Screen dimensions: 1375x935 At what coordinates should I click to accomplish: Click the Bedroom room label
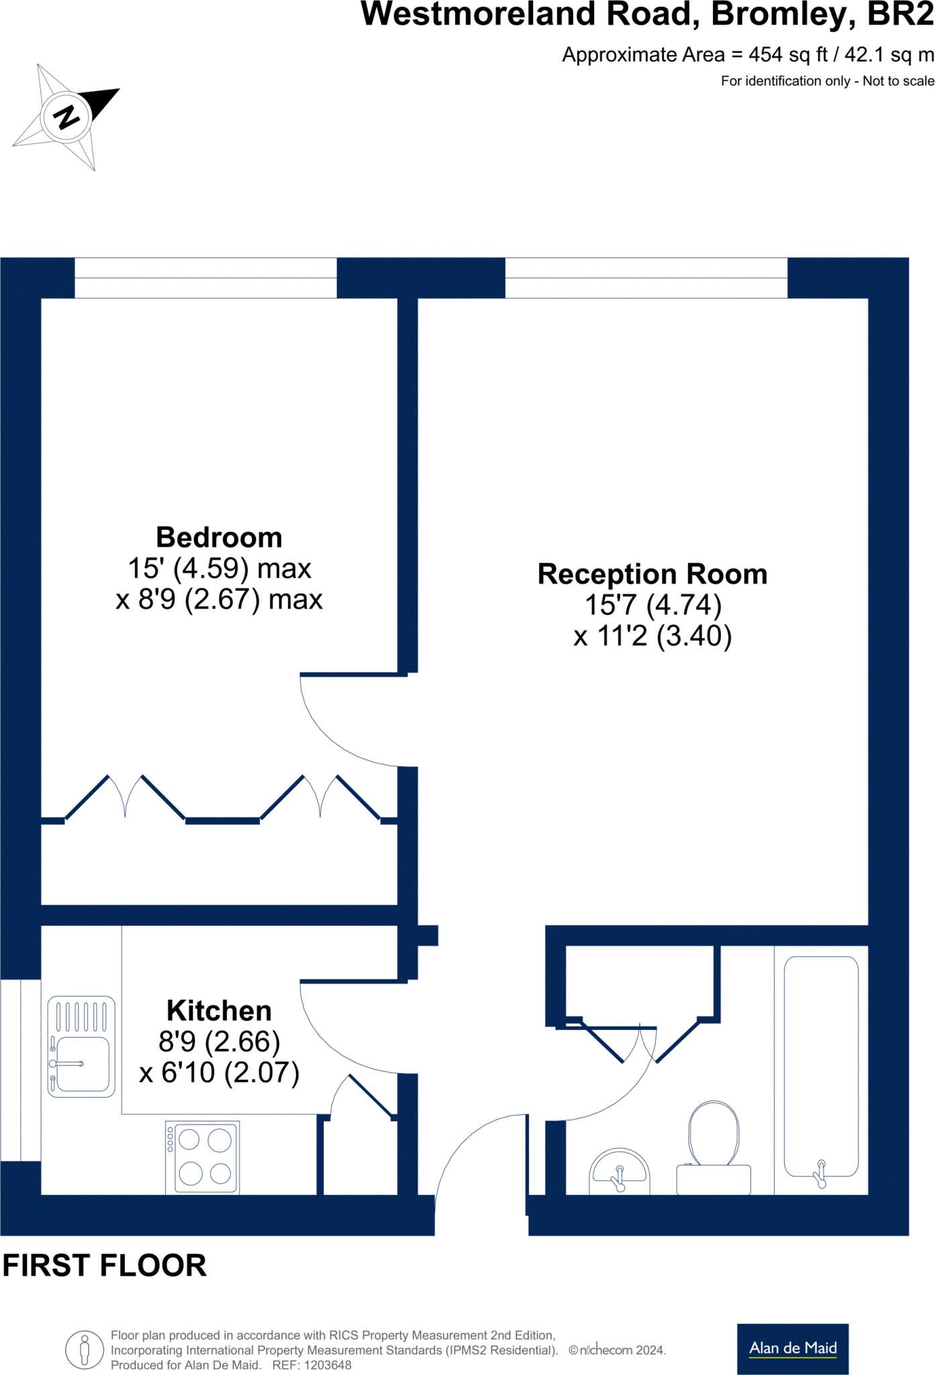[x=219, y=538]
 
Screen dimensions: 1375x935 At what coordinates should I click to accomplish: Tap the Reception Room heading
[x=652, y=574]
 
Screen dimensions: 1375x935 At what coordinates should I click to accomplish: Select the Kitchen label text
[x=219, y=1010]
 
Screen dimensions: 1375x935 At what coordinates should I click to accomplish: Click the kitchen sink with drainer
[x=81, y=1047]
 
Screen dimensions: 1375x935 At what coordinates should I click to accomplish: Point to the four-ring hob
[x=203, y=1157]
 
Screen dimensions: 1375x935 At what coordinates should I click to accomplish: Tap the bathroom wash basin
[x=619, y=1172]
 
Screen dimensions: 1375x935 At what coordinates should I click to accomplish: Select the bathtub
[x=821, y=1067]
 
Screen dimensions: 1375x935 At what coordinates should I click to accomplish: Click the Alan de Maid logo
[x=792, y=1348]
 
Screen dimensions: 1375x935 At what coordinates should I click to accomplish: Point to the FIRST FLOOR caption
[x=105, y=1266]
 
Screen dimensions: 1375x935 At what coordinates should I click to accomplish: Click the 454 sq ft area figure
[x=779, y=54]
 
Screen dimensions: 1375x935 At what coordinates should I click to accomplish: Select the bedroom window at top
[x=205, y=277]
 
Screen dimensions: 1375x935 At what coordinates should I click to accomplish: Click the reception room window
[x=646, y=277]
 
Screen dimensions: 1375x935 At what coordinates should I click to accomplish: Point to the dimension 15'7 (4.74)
[x=652, y=605]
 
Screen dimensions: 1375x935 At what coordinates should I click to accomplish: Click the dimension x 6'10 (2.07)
[x=219, y=1072]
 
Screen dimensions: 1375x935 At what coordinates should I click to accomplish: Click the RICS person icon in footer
[x=84, y=1349]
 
